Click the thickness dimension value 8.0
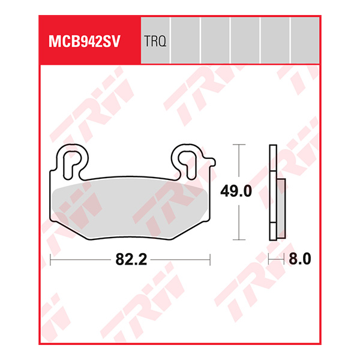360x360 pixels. pyautogui.click(x=299, y=260)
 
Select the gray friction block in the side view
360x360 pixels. pyautogui.click(x=280, y=201)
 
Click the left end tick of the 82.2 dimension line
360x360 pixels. pyautogui.click(x=50, y=260)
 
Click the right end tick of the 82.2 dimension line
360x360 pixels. pyautogui.click(x=210, y=260)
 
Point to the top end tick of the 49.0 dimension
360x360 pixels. pyautogui.click(x=240, y=145)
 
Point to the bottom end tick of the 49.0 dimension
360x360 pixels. pyautogui.click(x=240, y=238)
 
